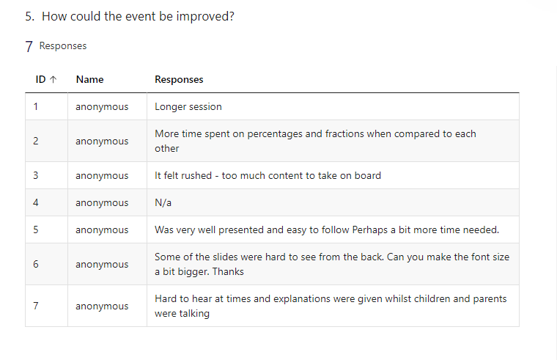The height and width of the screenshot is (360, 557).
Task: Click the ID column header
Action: [40, 79]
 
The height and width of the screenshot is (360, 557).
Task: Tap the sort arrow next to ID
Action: [54, 80]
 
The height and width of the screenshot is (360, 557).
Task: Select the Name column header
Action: [90, 79]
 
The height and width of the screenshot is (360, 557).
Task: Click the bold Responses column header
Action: [179, 80]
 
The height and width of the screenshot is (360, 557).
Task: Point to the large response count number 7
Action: [29, 46]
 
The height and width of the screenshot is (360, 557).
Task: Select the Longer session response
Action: [188, 106]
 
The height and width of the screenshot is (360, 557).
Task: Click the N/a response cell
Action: [163, 202]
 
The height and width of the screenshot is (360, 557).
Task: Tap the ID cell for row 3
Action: [35, 175]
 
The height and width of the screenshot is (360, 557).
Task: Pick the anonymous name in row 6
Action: [102, 265]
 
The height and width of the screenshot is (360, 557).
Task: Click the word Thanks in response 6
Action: [228, 271]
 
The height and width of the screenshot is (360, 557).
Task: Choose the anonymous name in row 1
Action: [102, 107]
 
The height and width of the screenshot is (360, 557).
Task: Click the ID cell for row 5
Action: [35, 229]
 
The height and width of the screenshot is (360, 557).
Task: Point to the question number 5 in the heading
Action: [30, 16]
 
